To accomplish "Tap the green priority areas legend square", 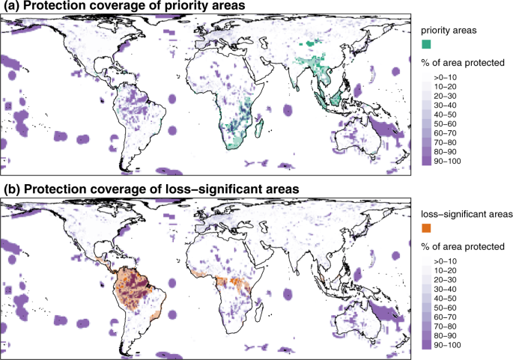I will [427, 46].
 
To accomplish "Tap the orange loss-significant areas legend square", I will [427, 227].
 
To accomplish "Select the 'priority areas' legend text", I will [449, 29].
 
